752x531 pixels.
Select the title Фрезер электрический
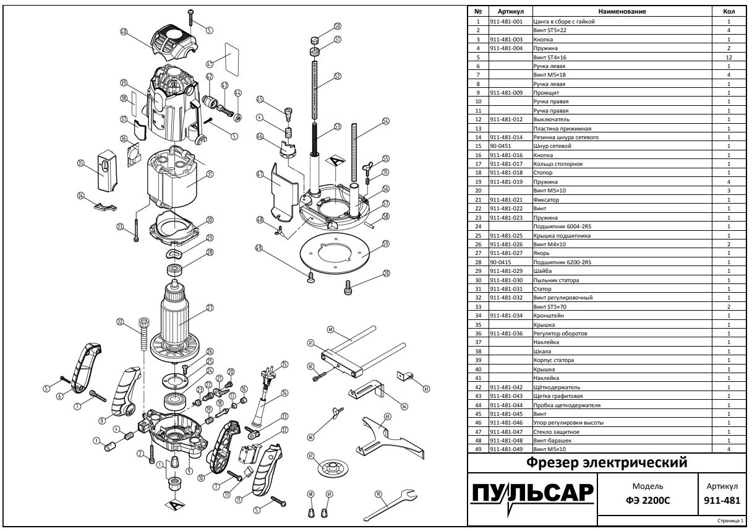tap(607, 462)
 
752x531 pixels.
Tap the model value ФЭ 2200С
tap(647, 501)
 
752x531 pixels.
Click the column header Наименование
tap(622, 11)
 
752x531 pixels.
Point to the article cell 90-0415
tap(500, 262)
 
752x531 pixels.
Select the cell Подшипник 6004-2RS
tap(562, 227)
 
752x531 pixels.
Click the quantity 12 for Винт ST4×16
tap(728, 58)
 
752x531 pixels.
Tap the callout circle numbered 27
tap(210, 308)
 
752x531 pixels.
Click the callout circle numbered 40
tap(124, 32)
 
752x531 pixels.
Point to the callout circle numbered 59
tap(386, 243)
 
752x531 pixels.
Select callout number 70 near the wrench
tap(378, 494)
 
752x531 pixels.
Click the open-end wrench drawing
tap(390, 505)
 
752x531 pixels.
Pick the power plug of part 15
tap(268, 377)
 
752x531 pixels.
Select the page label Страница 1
tap(730, 521)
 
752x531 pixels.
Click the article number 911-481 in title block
tap(722, 501)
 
